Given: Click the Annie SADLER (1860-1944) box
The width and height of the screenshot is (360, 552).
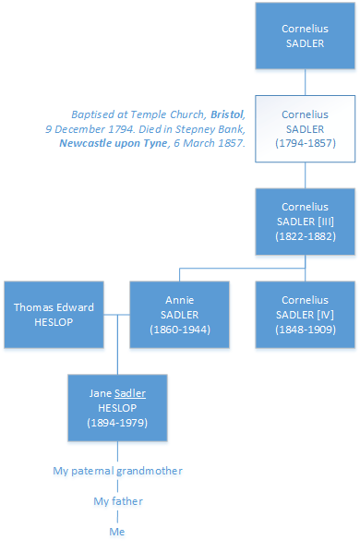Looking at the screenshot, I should [x=178, y=315].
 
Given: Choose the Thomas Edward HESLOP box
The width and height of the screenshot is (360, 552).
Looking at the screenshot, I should [x=53, y=315].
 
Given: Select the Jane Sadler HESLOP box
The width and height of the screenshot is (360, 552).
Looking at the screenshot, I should [x=117, y=407].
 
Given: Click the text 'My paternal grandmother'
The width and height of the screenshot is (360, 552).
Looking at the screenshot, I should [x=117, y=471].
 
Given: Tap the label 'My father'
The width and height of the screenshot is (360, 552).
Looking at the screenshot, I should [x=117, y=501].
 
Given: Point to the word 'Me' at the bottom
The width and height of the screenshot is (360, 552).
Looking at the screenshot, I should [x=117, y=532].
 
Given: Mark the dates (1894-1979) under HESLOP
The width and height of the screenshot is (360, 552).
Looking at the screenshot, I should [x=117, y=423].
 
